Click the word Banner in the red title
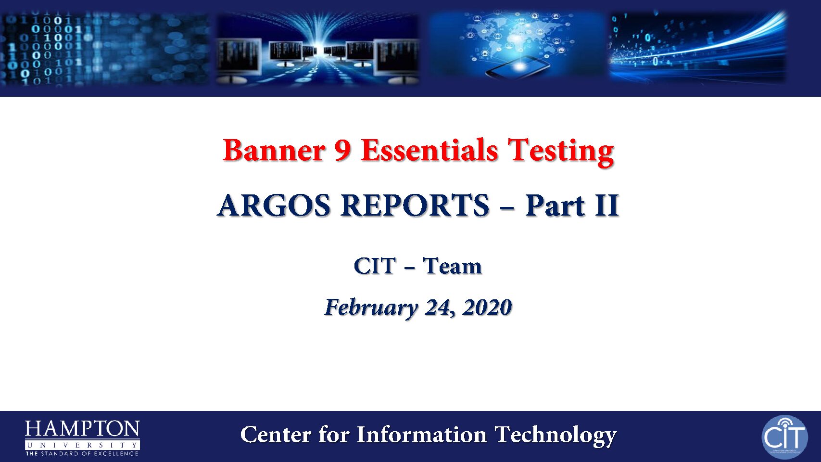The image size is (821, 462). click(274, 150)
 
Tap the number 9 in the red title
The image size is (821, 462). click(343, 150)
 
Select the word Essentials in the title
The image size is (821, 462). click(429, 150)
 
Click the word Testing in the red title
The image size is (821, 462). click(561, 152)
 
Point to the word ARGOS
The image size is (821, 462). click(274, 205)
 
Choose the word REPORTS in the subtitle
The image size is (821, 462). click(415, 205)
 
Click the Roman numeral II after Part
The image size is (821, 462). click(607, 205)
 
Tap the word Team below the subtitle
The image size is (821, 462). click(452, 266)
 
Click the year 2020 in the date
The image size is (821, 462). click(487, 307)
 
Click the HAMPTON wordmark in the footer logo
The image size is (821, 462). click(82, 429)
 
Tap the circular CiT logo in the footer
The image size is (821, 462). click(785, 437)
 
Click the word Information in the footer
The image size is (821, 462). click(421, 435)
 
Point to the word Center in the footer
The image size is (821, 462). click(275, 435)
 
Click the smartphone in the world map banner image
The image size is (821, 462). click(518, 67)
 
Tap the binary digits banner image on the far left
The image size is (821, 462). click(105, 49)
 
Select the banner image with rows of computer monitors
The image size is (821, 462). click(318, 49)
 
